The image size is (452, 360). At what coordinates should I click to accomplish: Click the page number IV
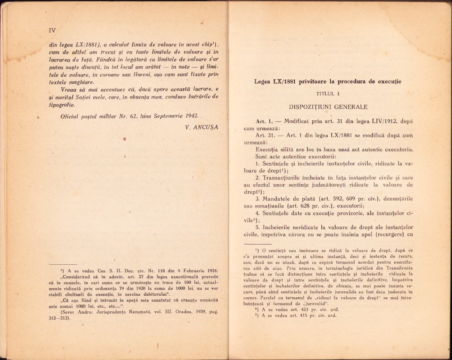(x=52, y=30)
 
